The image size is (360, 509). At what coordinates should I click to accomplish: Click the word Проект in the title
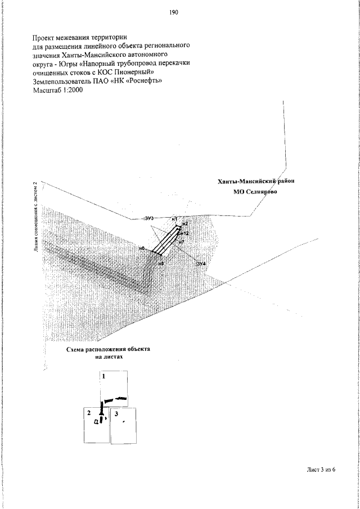pos(46,37)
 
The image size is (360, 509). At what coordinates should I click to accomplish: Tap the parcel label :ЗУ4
pos(200,263)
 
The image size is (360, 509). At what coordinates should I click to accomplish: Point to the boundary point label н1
pos(174,218)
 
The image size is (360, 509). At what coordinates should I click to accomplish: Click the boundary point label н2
pos(184,224)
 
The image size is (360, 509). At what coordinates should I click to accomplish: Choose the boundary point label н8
pos(160,263)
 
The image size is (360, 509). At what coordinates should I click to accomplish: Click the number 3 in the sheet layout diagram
pos(115,413)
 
